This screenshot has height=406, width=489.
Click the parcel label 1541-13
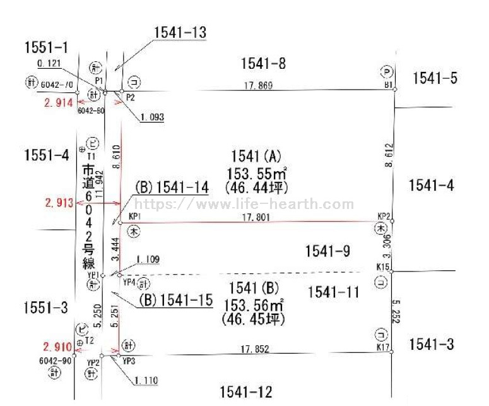[x=180, y=32]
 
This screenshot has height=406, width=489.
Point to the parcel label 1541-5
[x=435, y=78]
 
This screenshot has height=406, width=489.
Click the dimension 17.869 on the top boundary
[x=258, y=85]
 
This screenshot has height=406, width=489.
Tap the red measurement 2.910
[x=57, y=347]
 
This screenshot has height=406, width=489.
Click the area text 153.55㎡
[x=256, y=172]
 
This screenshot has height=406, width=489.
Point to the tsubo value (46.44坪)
[x=255, y=187]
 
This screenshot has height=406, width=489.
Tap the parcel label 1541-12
[x=246, y=392]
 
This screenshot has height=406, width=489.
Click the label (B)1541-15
[x=176, y=300]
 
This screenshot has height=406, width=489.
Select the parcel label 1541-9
[x=327, y=251]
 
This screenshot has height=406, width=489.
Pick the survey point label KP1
[x=134, y=216]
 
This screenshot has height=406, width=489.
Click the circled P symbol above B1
[x=388, y=71]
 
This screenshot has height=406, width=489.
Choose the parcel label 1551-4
[x=46, y=155]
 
